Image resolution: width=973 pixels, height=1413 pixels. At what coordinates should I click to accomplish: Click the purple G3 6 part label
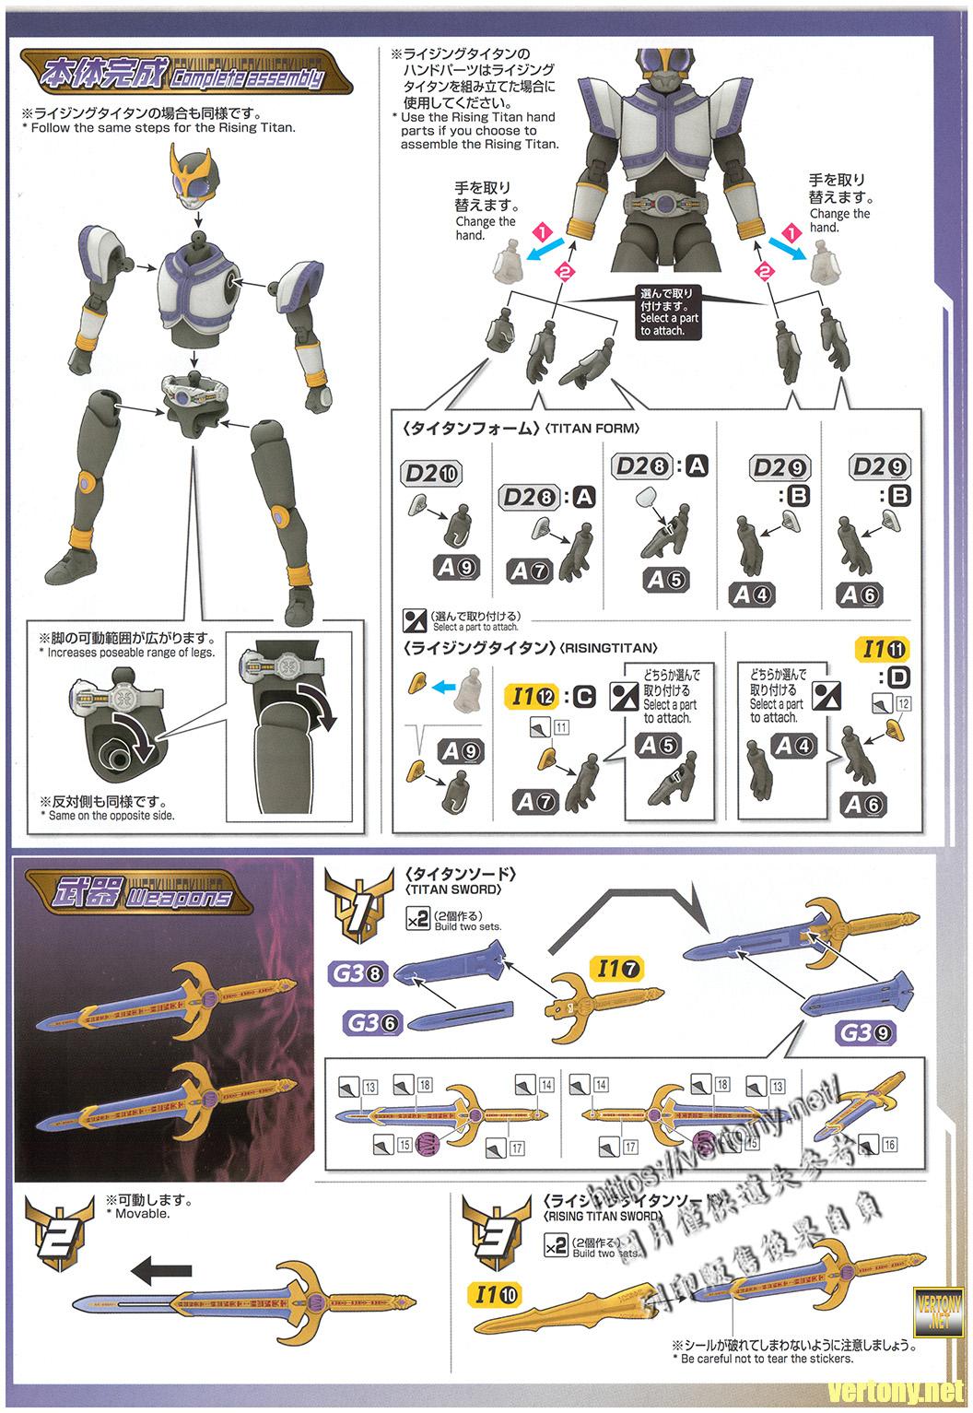pyautogui.click(x=374, y=1021)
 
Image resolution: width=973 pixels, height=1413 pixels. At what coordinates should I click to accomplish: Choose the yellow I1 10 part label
pyautogui.click(x=496, y=1295)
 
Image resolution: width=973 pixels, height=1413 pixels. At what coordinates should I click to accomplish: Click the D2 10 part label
pyautogui.click(x=431, y=474)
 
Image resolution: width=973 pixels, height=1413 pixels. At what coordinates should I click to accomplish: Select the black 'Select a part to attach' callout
pyautogui.click(x=670, y=312)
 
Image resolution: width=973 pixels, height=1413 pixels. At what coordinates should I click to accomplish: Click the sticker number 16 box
pyautogui.click(x=889, y=1145)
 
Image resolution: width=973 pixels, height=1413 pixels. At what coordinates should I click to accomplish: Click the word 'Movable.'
pyautogui.click(x=143, y=1213)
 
